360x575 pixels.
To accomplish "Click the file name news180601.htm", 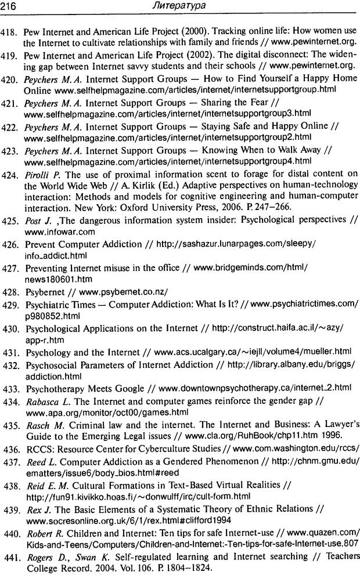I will [x=51, y=279].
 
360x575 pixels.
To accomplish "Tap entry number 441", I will [x=11, y=558].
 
